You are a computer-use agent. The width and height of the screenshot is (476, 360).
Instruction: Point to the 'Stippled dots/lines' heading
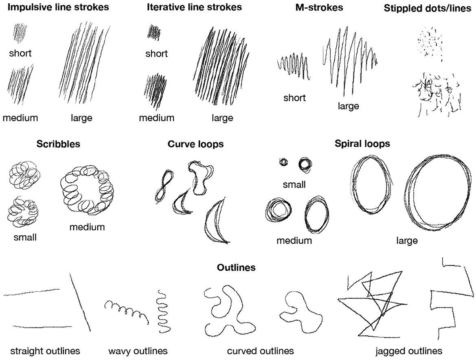click(428, 9)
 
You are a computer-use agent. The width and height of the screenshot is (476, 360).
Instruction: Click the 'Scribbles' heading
click(58, 144)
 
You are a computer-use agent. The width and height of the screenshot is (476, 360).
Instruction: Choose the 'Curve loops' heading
click(196, 145)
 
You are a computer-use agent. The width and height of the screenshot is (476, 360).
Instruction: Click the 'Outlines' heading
click(236, 268)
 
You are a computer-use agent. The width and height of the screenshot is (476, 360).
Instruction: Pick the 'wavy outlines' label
click(138, 351)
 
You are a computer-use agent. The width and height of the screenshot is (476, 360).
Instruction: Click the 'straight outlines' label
click(45, 351)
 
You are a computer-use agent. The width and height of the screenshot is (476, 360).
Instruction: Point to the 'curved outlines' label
click(260, 351)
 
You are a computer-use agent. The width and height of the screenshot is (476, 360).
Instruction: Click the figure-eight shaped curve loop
click(165, 185)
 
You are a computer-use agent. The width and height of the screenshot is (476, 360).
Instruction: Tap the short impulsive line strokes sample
click(19, 33)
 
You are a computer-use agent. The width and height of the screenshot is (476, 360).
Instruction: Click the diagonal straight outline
click(80, 302)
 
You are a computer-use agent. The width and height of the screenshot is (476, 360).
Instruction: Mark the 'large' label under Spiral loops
click(407, 241)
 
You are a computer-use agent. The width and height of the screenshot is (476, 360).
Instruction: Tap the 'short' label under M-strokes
click(294, 98)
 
